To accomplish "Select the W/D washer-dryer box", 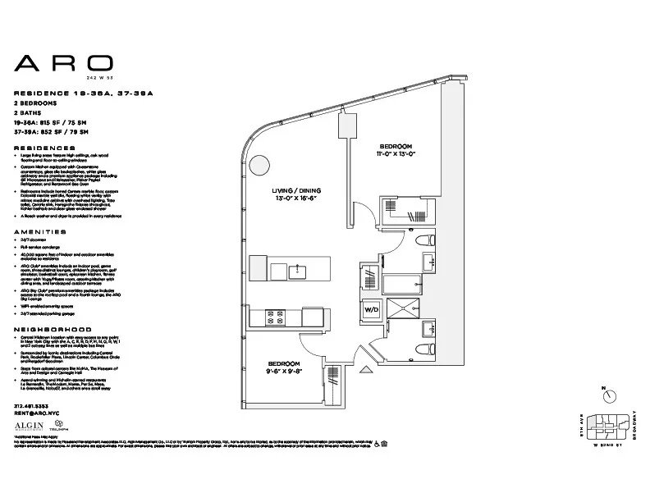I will point(372,310).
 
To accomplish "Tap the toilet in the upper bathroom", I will point(424,240).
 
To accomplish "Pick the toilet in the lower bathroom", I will point(425,348).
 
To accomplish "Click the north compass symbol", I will point(610,395).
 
